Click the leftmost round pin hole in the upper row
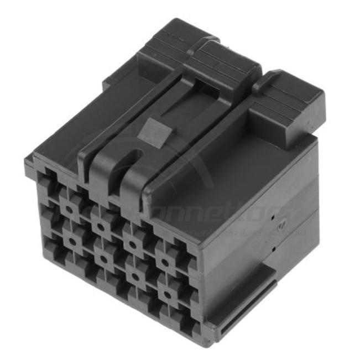tap(71, 208)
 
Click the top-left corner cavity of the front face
tap(46, 179)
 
